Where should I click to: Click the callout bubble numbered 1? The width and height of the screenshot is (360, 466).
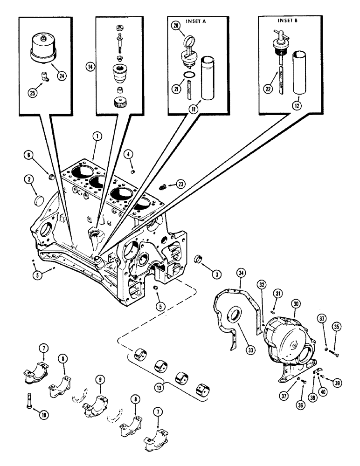tap(97, 137)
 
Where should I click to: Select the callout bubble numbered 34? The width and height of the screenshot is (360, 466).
tap(240, 272)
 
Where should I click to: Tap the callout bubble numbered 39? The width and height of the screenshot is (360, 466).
tap(338, 383)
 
